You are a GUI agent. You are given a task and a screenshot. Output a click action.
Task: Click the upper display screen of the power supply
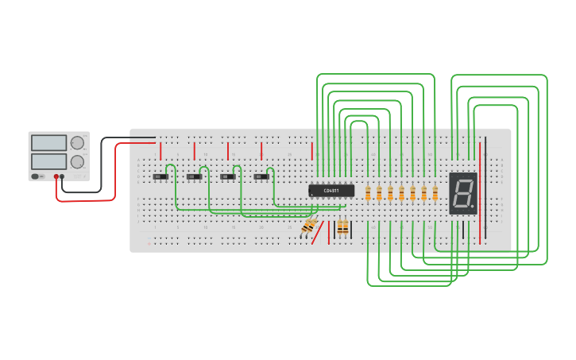pyautogui.click(x=48, y=143)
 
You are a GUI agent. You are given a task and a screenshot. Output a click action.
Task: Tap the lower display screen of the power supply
pyautogui.click(x=48, y=161)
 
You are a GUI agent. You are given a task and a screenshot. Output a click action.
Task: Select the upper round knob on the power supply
pyautogui.click(x=77, y=143)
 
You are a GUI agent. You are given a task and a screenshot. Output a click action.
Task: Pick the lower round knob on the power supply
pyautogui.click(x=77, y=161)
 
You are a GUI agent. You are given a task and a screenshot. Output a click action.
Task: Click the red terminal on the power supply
pyautogui.click(x=56, y=176)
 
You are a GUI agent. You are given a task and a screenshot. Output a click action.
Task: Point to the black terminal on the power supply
pyautogui.click(x=63, y=176)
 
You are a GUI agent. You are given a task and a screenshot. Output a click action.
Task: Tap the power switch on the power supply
pyautogui.click(x=37, y=176)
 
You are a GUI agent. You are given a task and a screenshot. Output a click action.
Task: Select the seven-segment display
pyautogui.click(x=462, y=193)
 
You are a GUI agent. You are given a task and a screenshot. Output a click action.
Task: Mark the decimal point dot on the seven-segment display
pyautogui.click(x=473, y=208)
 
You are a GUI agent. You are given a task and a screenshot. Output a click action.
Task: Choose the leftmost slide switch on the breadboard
pyautogui.click(x=160, y=176)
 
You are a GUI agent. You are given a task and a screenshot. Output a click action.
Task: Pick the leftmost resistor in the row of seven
pyautogui.click(x=368, y=193)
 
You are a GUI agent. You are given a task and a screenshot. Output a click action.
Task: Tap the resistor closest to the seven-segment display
pyautogui.click(x=435, y=193)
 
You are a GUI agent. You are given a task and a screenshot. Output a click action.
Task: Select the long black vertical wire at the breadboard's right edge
pyautogui.click(x=486, y=191)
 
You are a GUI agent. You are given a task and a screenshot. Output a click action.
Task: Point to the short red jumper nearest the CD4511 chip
pyautogui.click(x=311, y=151)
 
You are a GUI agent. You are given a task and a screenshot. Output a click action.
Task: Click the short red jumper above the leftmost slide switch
pyautogui.click(x=160, y=150)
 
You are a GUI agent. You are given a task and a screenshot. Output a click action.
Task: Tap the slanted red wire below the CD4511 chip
pyautogui.click(x=317, y=234)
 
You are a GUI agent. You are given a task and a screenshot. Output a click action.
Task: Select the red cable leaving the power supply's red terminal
pyautogui.click(x=87, y=199)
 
